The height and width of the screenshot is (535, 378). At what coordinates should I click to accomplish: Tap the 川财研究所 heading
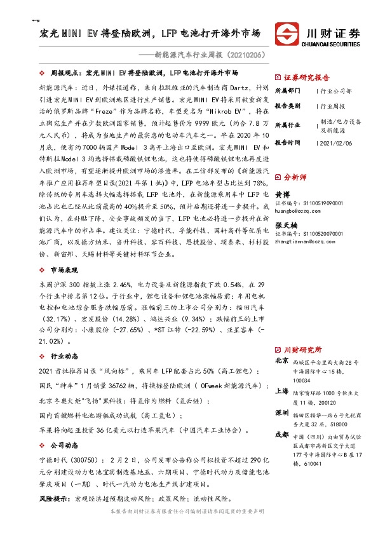(302, 349)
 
